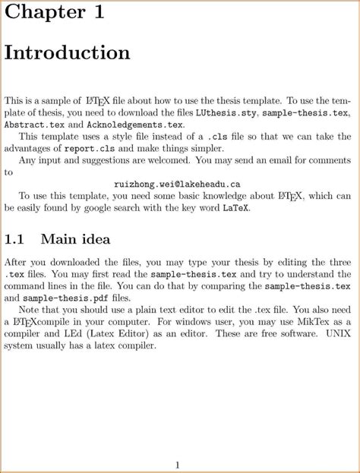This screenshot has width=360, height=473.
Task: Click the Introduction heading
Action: (68, 53)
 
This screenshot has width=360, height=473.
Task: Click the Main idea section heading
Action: (75, 240)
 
